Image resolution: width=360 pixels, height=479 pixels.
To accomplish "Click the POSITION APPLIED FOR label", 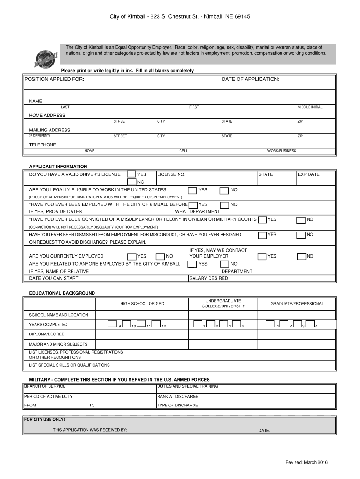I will tap(54, 80).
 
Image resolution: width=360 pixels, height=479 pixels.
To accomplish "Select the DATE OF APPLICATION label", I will tap(250, 80).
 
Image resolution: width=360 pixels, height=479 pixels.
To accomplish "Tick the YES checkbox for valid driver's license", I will tap(132, 175).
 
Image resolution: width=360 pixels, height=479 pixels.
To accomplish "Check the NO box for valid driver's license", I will tap(132, 182).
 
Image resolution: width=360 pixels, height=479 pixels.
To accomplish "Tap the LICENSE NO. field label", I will tap(172, 174).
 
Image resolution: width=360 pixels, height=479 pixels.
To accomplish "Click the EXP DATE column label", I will tap(309, 174).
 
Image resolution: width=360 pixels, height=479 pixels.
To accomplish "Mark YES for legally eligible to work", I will tap(192, 190).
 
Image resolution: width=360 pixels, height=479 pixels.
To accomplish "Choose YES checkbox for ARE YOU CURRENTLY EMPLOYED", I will tap(132, 256).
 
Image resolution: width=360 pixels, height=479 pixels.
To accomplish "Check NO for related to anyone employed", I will tap(224, 264).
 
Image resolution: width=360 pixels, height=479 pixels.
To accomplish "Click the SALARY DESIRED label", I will tap(209, 278).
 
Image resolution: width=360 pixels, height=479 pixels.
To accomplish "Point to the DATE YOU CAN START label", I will tap(54, 278).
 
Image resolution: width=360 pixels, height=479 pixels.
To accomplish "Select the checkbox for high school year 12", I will tap(157, 324).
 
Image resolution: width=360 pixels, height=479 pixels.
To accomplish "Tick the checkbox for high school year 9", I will tap(113, 324).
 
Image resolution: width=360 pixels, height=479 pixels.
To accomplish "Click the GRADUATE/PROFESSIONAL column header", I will tap(297, 304).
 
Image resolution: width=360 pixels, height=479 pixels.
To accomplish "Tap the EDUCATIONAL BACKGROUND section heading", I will tap(62, 293).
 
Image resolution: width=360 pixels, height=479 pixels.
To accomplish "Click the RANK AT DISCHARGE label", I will tap(178, 396).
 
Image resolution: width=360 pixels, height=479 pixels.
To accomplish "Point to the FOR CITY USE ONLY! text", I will tap(44, 420).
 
